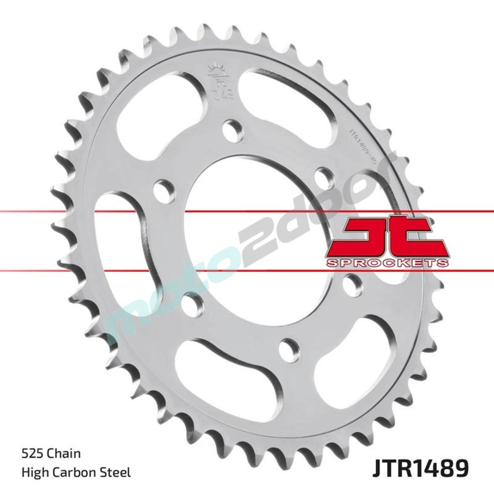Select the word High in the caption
[x=33, y=473]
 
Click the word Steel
[x=117, y=473]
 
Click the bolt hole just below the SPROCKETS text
[x=353, y=283]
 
